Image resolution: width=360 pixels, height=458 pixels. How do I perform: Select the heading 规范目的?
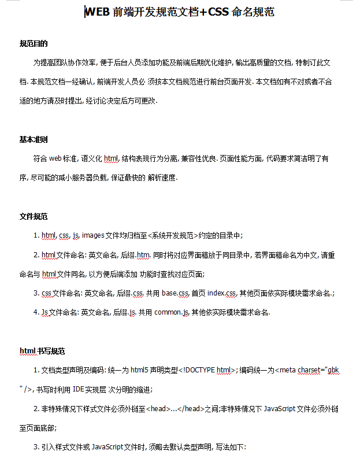(x=34, y=43)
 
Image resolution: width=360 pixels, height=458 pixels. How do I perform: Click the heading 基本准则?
(x=34, y=139)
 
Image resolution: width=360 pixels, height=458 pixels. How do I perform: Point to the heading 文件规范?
(x=34, y=216)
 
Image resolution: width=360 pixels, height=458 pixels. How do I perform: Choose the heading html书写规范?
(x=42, y=351)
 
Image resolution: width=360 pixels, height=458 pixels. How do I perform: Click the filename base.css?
(x=176, y=293)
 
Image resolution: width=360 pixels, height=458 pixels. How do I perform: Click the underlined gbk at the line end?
(x=333, y=370)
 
